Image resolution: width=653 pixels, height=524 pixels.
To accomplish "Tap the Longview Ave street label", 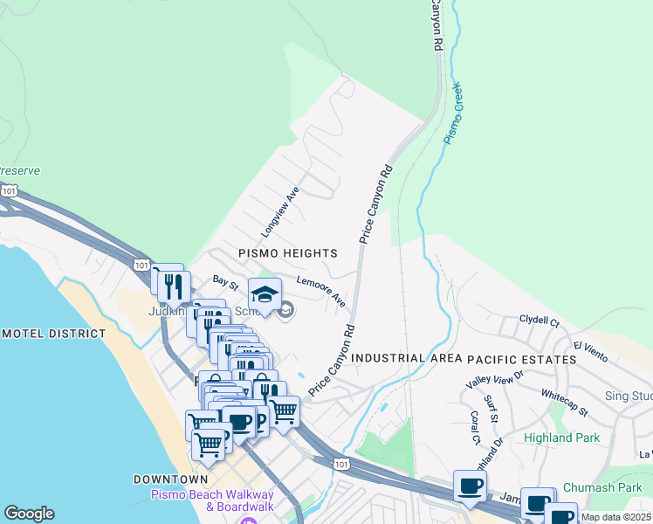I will pos(280,212).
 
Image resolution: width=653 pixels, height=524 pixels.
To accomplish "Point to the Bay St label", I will pos(225,282).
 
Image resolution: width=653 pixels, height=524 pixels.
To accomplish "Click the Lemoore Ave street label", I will pos(320,292).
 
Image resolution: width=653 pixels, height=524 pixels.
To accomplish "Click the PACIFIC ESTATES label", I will pos(522,359).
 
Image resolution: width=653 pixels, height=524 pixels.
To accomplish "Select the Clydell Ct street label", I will pos(539,321).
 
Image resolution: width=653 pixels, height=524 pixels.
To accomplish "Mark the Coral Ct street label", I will pos(476,426).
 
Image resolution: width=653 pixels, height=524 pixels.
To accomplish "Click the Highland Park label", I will pos(560,438).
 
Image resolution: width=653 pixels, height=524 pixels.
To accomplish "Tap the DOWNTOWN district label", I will pos(171,479).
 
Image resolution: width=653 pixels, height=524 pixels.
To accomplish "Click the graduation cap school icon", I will pos(265,294).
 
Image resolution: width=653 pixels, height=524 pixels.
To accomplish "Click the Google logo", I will pos(29,514).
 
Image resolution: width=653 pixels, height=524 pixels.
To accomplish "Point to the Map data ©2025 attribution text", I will pos(615,517).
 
